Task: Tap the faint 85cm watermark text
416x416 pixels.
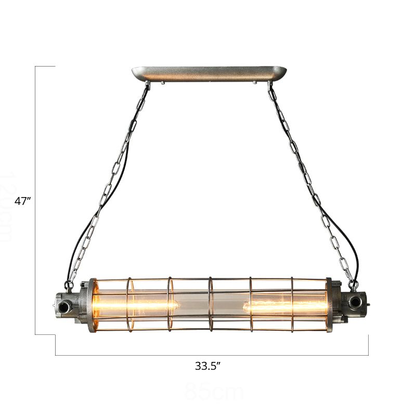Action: pos(207,392)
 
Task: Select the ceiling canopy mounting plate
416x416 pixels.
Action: pos(209,74)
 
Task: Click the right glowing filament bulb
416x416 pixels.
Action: pos(285,305)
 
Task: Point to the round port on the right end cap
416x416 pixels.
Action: pos(356,301)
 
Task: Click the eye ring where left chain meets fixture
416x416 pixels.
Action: pos(69,284)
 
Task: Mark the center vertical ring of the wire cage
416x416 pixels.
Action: pos(210,304)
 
